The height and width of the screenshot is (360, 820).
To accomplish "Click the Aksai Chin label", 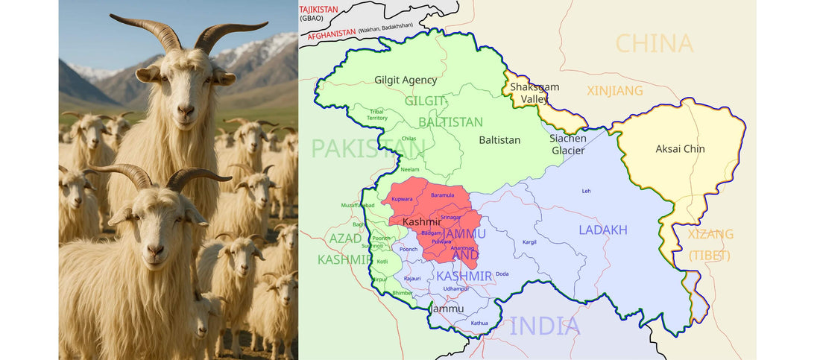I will tap(680, 149).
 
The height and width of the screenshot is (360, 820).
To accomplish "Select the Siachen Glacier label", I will tap(567, 144).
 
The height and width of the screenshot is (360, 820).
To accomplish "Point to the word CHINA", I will tap(654, 43).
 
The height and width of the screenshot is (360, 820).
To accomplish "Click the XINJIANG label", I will tap(615, 90).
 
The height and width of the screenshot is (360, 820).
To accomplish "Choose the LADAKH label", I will tap(603, 230).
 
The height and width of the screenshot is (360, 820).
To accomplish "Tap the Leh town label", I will tap(586, 191).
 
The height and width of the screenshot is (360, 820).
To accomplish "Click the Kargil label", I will tap(529, 242).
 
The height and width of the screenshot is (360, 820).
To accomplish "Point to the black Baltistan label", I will tap(499, 139).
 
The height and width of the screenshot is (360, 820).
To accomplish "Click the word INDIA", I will tap(545, 326).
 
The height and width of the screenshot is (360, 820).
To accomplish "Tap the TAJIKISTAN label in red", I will tap(318, 9).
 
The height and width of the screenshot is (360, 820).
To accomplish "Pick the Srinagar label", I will tap(451, 217).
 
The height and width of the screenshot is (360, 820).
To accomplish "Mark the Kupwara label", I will tap(402, 199).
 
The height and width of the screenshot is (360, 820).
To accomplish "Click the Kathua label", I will tap(479, 323).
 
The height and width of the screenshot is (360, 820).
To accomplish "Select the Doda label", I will tap(502, 274).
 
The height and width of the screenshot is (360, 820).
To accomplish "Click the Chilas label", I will tap(409, 139).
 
